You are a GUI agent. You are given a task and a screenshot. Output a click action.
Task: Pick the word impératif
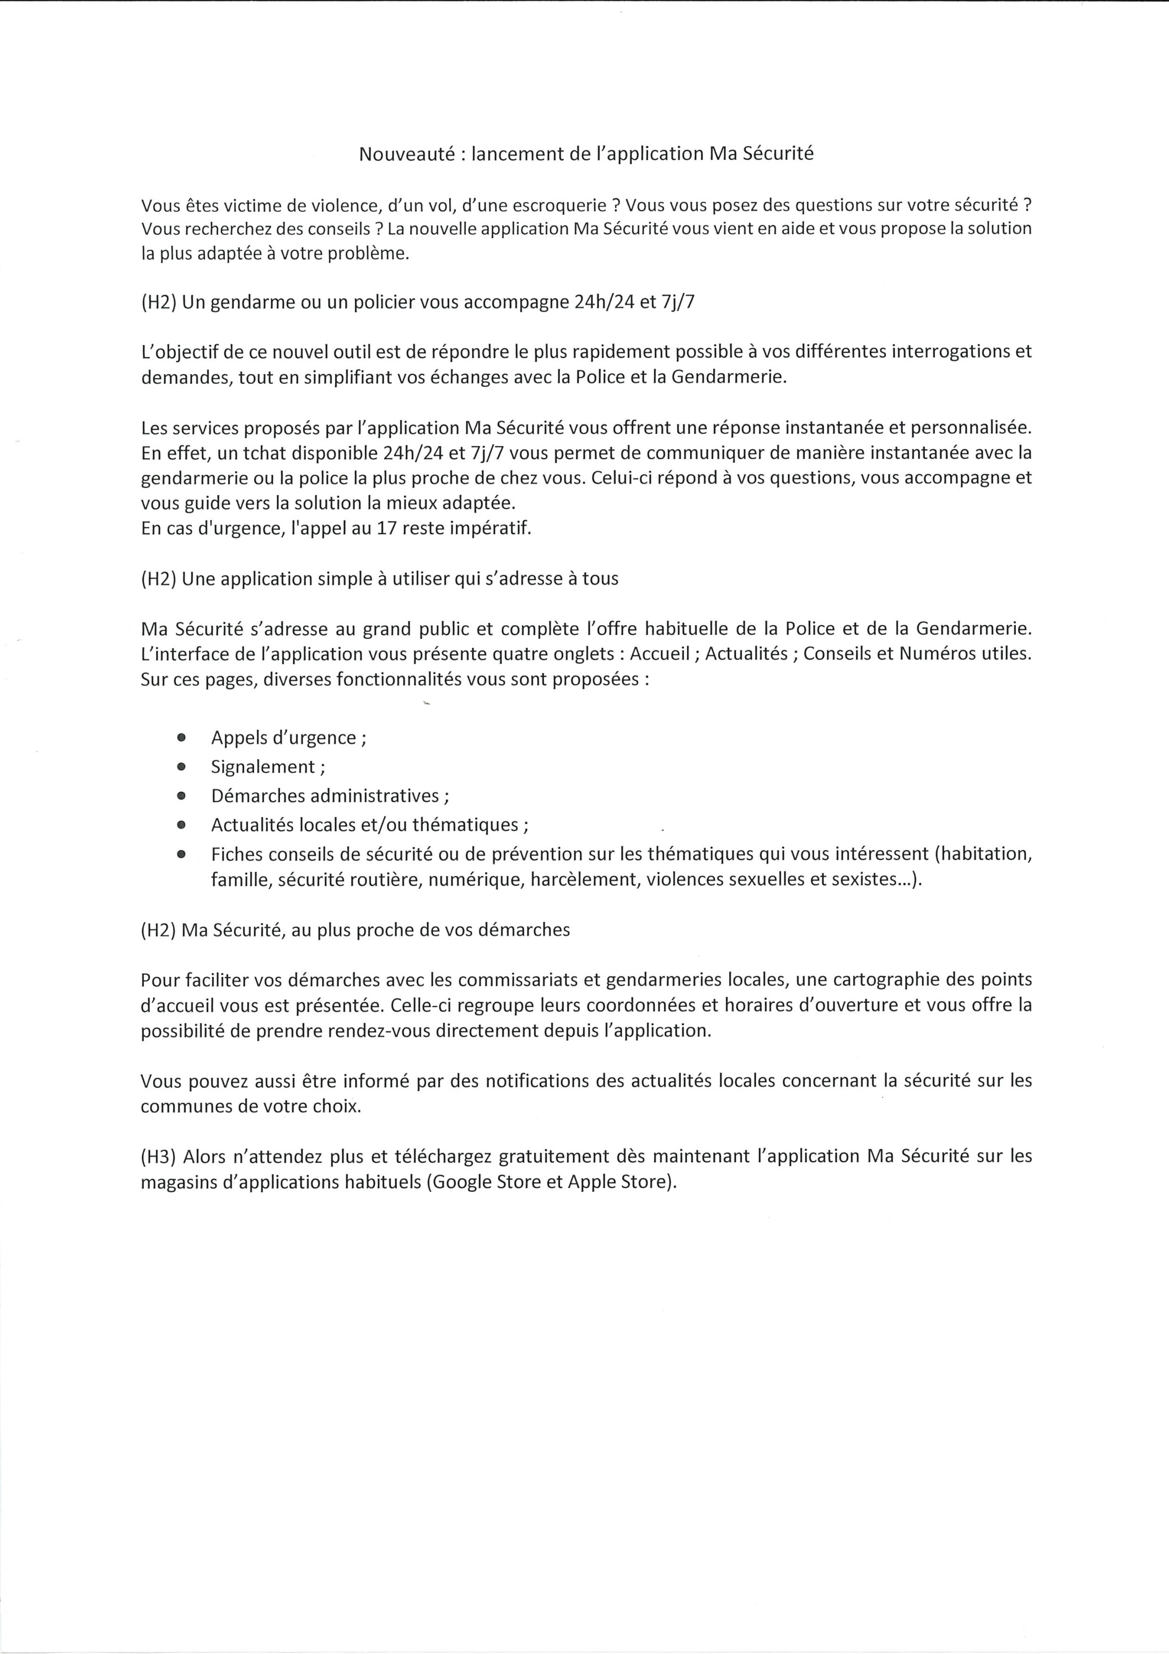pos(491,528)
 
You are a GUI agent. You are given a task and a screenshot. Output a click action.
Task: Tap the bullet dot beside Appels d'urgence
pos(181,738)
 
